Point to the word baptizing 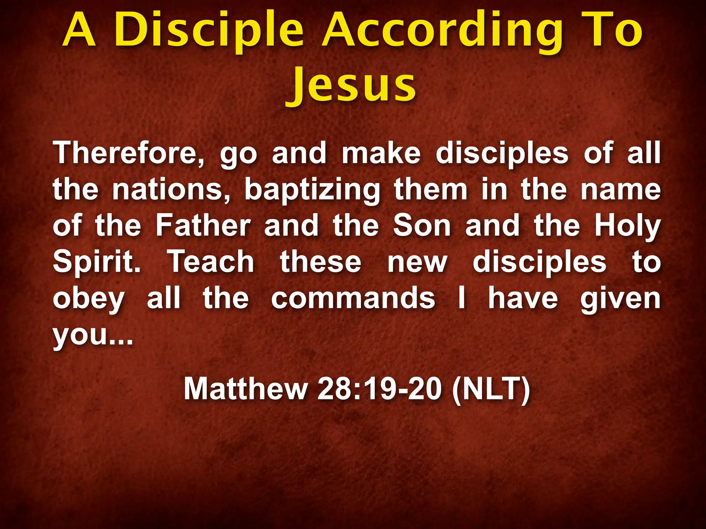pyautogui.click(x=312, y=190)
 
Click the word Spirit pyautogui.click(x=97, y=263)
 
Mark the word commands pyautogui.click(x=353, y=298)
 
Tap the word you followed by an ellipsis pyautogui.click(x=92, y=335)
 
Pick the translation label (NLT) pyautogui.click(x=491, y=389)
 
